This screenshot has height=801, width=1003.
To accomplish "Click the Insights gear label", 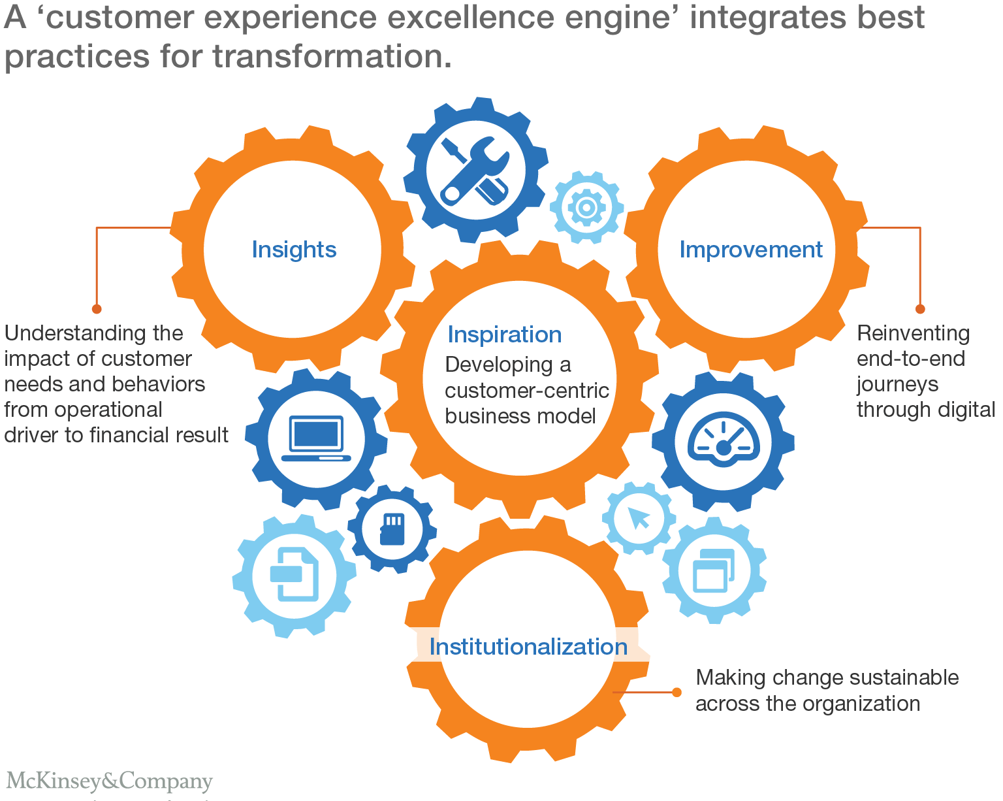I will [294, 250].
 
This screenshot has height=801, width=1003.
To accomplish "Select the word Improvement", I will [751, 250].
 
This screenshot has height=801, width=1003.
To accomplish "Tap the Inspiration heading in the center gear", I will [504, 335].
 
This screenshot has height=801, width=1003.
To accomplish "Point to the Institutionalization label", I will [528, 647].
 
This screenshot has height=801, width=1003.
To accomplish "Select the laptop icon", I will [317, 438].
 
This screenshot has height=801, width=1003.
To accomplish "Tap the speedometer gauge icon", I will [723, 440].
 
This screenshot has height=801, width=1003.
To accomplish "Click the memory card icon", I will [392, 529].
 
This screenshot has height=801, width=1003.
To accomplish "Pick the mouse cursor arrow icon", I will [639, 518].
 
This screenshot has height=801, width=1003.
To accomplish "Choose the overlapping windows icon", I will [713, 570].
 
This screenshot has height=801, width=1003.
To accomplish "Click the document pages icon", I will [295, 574].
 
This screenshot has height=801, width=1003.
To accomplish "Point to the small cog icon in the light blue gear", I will [586, 208].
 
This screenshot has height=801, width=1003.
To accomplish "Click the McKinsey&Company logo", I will [110, 781].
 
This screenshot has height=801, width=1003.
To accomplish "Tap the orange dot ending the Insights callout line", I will [97, 309].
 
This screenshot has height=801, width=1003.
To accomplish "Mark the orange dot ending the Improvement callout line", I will [920, 309].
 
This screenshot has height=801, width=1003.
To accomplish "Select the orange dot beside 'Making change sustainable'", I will [677, 693].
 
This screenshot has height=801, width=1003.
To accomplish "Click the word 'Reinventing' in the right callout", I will [913, 333].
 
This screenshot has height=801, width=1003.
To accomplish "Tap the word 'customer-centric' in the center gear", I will [527, 391].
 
